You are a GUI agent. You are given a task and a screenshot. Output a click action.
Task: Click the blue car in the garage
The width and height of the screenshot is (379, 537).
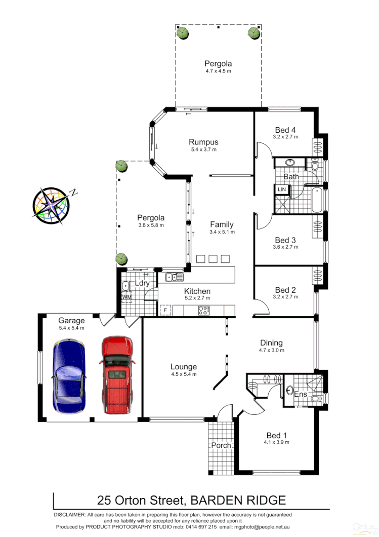tap(69, 375)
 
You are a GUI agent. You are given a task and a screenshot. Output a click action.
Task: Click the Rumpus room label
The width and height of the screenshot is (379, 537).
tap(203, 142)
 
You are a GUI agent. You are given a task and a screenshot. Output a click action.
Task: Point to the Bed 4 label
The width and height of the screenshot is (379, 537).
tap(285, 129)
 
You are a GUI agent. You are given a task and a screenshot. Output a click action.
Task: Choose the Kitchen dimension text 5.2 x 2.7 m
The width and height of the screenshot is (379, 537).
tap(197, 298)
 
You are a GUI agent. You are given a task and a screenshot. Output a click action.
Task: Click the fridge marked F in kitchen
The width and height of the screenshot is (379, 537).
tap(164, 310)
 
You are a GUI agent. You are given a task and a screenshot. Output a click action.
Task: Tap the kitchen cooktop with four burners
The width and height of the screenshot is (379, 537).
tap(203, 311)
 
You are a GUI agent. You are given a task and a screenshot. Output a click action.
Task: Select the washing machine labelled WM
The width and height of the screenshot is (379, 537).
tap(127, 297)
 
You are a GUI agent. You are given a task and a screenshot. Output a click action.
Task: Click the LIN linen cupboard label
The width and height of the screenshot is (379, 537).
tap(281, 189)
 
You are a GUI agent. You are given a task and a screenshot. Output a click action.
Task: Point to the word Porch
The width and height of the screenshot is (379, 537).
tap(221, 445)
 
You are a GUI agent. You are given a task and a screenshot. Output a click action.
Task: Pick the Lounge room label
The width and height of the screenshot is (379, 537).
tap(183, 367)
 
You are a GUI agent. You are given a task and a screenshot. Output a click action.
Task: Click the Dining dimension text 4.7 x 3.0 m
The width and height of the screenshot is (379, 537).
tap(271, 350)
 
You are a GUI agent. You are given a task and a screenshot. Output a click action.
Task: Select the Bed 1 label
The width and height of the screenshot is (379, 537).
tap(276, 435)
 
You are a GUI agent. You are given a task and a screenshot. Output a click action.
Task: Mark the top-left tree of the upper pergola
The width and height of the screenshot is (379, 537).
tap(183, 33)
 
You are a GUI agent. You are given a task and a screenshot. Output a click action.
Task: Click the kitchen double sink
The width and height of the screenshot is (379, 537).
tap(175, 277)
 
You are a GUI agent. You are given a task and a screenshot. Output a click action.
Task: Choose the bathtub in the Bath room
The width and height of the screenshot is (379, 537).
tap(316, 200)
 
